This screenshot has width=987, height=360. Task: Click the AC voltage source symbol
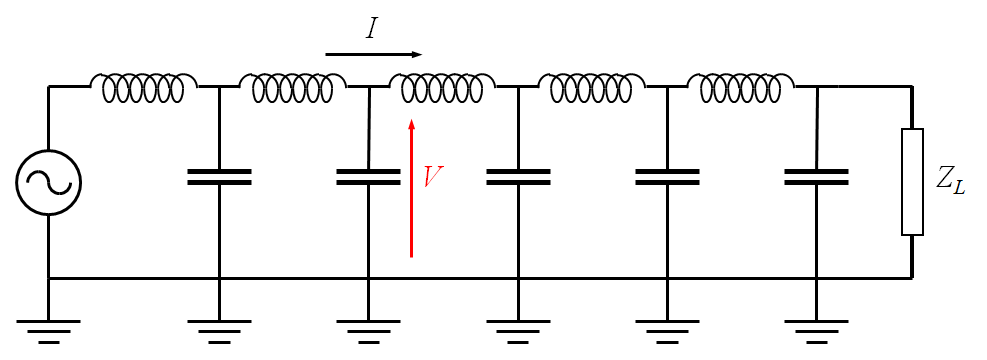pyautogui.click(x=48, y=182)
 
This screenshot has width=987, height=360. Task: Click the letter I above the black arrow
pyautogui.click(x=372, y=28)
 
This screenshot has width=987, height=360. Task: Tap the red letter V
pyautogui.click(x=433, y=178)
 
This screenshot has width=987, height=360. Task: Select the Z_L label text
pyautogui.click(x=950, y=181)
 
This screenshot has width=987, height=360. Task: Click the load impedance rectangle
pyautogui.click(x=912, y=182)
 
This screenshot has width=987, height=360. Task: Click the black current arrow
pyautogui.click(x=374, y=54)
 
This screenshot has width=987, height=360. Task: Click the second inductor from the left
pyautogui.click(x=292, y=88)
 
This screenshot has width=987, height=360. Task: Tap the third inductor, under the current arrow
pyautogui.click(x=442, y=88)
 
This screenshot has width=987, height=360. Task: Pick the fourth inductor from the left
pyautogui.click(x=591, y=88)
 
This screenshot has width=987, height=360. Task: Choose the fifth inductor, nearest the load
pyautogui.click(x=741, y=88)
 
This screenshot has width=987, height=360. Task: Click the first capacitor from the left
pyautogui.click(x=219, y=177)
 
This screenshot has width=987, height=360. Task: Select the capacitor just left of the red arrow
pyautogui.click(x=368, y=177)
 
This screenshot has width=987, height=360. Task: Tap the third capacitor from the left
pyautogui.click(x=518, y=177)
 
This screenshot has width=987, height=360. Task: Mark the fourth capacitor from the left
pyautogui.click(x=667, y=177)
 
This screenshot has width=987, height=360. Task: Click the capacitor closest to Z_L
pyautogui.click(x=816, y=177)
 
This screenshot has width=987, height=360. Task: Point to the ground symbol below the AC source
pyautogui.click(x=48, y=329)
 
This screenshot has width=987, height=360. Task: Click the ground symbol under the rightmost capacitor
pyautogui.click(x=816, y=329)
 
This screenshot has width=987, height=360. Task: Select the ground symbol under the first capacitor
pyautogui.click(x=219, y=329)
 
